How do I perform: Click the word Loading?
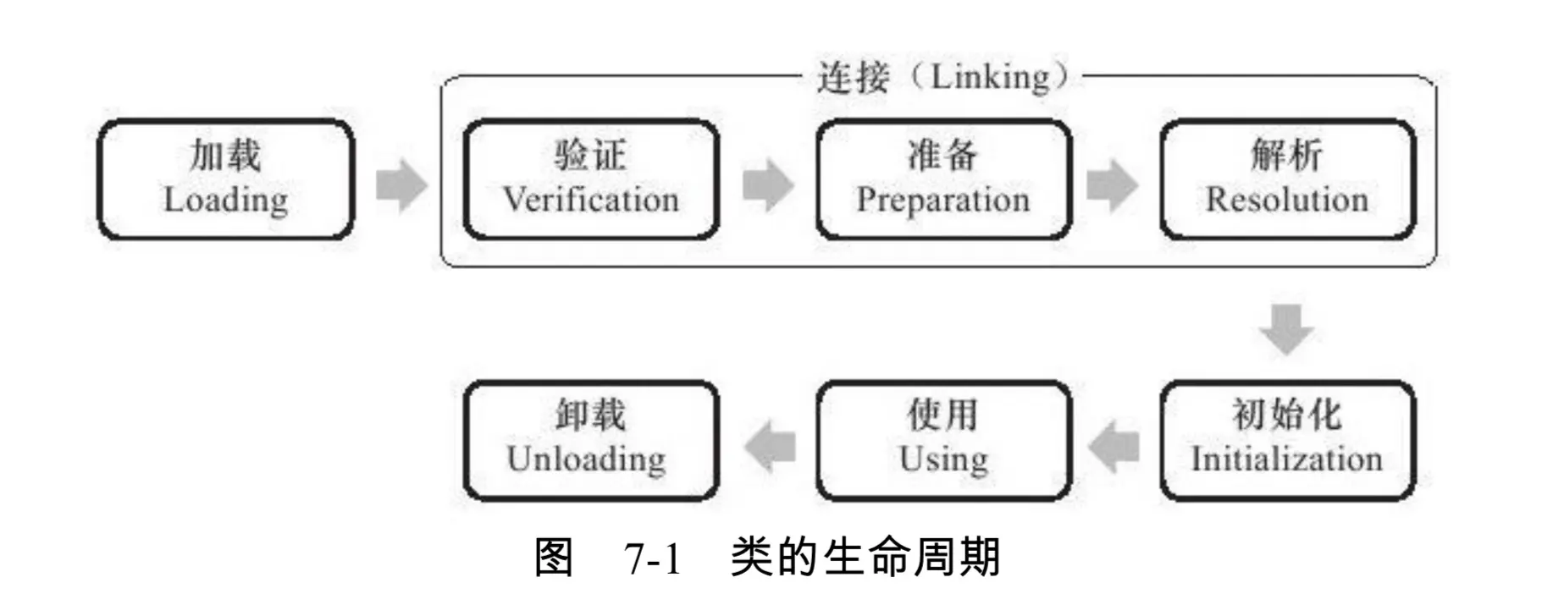point(226,201)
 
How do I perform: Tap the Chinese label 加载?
point(225,156)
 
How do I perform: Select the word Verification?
point(591,201)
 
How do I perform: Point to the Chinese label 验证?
point(591,156)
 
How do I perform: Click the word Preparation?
point(943,201)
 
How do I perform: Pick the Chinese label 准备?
point(943,156)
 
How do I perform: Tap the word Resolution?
point(1287,201)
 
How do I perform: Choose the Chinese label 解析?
point(1287,156)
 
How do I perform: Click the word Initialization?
point(1287,459)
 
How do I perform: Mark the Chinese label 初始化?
point(1287,415)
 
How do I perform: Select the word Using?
point(943,459)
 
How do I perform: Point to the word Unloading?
point(587,459)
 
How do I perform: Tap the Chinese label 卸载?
point(591,415)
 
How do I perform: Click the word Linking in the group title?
point(991,78)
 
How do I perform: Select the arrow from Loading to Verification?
point(401,184)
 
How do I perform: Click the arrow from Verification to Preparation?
point(768,184)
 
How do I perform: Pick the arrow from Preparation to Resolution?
point(1112,184)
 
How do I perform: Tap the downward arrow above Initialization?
point(1287,328)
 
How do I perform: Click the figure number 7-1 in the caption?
point(653,559)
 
